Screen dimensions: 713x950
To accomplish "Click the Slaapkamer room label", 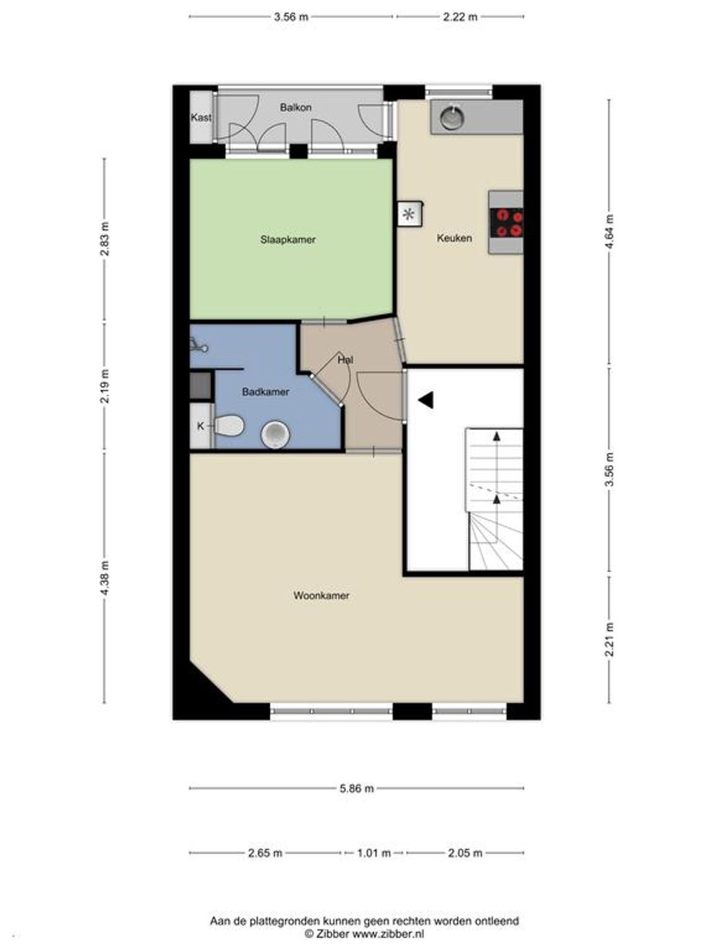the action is click(x=288, y=239).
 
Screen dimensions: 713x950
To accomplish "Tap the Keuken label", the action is click(x=454, y=237).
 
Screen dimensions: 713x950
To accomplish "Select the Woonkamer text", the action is click(x=322, y=596).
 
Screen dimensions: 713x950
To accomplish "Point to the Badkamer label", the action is click(x=265, y=392).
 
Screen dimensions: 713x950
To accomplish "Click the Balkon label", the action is click(x=296, y=107).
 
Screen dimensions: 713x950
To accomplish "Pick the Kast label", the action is click(x=201, y=117).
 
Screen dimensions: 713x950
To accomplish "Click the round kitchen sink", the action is click(x=452, y=117).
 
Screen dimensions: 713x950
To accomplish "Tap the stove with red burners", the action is click(x=506, y=222).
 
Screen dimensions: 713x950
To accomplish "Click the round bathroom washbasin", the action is click(x=275, y=435).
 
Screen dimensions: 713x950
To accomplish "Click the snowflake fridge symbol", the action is click(x=409, y=214).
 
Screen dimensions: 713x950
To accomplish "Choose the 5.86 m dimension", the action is click(x=356, y=788).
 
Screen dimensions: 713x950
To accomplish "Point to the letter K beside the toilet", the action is click(x=201, y=426).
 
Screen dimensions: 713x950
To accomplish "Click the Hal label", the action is click(x=345, y=360).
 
